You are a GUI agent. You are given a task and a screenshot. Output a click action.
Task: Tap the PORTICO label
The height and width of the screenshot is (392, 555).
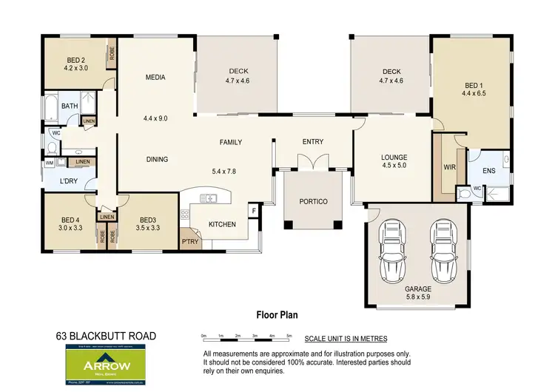[313, 201]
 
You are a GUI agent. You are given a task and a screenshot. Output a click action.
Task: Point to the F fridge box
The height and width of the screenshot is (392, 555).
[253, 212]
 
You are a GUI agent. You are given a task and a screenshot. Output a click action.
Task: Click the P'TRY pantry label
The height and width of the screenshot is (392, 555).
[190, 242]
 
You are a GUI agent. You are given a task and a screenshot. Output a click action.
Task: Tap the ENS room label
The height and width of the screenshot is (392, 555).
[488, 171]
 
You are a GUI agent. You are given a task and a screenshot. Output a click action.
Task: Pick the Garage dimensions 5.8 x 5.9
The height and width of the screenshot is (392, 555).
[418, 297]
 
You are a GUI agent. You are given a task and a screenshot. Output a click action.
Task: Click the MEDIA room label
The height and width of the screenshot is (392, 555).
[155, 78]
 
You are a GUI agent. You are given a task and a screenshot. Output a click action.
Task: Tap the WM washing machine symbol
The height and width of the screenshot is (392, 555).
[50, 162]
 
